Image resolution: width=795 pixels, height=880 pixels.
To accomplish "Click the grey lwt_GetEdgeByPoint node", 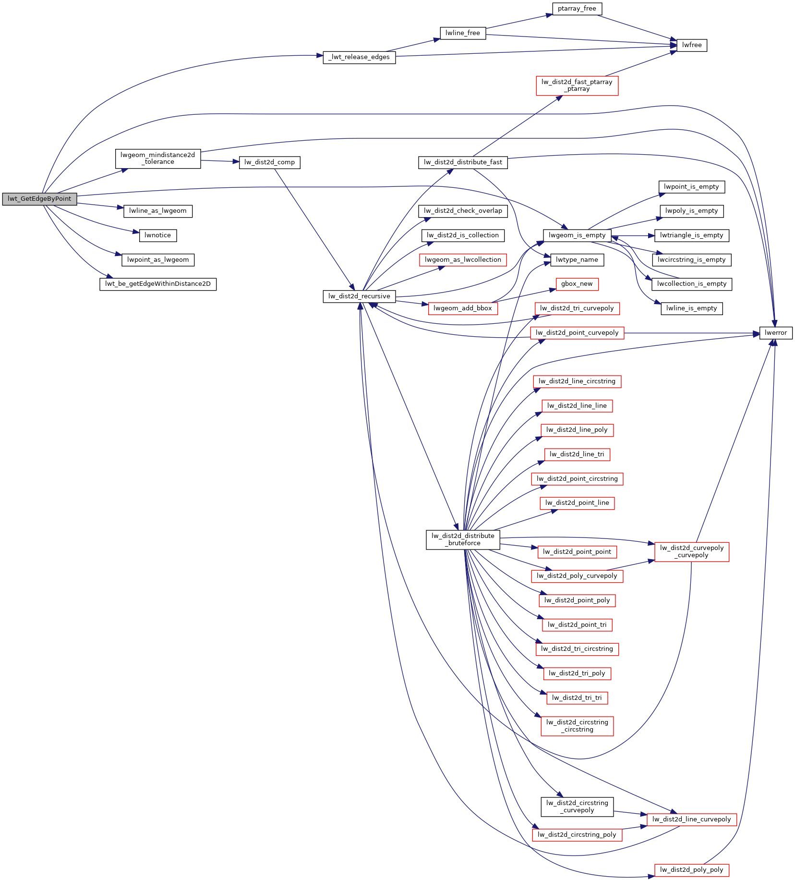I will [39, 199].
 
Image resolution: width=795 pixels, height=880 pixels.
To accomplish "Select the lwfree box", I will [691, 45].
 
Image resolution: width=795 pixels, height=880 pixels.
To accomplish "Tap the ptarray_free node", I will [577, 9].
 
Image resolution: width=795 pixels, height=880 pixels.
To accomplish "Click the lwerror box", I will [775, 333].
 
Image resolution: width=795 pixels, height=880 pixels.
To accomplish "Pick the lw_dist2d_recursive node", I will [359, 296].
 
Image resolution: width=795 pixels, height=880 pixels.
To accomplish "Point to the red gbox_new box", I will [577, 284].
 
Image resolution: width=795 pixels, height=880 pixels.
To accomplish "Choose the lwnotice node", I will [157, 235].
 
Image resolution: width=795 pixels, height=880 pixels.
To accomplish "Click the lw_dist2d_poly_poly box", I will [691, 870].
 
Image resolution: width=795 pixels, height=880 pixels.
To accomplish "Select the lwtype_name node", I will [577, 260].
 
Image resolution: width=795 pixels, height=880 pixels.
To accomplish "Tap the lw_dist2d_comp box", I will [269, 162].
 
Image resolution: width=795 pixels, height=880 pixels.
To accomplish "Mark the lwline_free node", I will [462, 33].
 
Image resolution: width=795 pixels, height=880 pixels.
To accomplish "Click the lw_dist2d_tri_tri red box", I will [577, 698].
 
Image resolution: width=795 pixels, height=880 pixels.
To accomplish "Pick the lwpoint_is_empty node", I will [691, 187].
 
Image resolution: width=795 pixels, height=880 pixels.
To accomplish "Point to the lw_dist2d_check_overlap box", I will [463, 211].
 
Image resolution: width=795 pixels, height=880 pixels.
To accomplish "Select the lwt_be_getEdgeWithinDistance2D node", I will [157, 284].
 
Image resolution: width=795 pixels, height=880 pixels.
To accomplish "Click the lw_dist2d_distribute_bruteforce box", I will [463, 539].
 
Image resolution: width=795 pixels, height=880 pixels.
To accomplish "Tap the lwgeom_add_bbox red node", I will [462, 308].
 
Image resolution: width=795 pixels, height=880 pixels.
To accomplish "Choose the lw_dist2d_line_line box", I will [577, 406].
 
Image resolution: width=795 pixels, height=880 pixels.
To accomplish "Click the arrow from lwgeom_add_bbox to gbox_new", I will [523, 296].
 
